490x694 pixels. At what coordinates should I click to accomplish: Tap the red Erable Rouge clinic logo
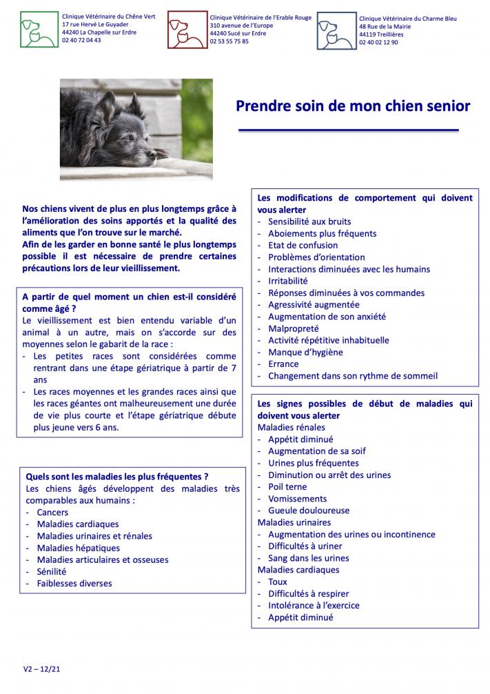pos(187,30)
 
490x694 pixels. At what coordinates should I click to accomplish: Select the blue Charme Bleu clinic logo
pos(336,31)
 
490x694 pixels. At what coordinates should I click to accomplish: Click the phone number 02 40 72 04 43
pos(81,40)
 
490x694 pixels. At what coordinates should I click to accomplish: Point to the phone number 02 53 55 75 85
pos(229,41)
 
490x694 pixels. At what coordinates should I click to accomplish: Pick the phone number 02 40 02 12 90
pos(378,42)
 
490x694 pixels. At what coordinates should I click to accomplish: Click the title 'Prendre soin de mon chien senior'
pos(353,106)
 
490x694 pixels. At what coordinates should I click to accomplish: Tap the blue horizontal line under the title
pos(348,130)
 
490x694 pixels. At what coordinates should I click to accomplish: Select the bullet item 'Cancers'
pos(52,513)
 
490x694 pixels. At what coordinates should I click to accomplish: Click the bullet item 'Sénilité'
pos(52,571)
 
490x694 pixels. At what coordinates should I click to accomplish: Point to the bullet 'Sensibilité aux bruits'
pos(309,221)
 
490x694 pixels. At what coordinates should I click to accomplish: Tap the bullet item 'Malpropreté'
pos(294,328)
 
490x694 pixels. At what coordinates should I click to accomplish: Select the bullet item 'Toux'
pos(278,582)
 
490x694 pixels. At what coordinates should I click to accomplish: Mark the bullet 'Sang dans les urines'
pos(308,558)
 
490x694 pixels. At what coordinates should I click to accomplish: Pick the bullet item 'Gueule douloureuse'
pos(308,510)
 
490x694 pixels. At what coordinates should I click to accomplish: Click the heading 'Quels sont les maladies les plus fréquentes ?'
pos(116,476)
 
